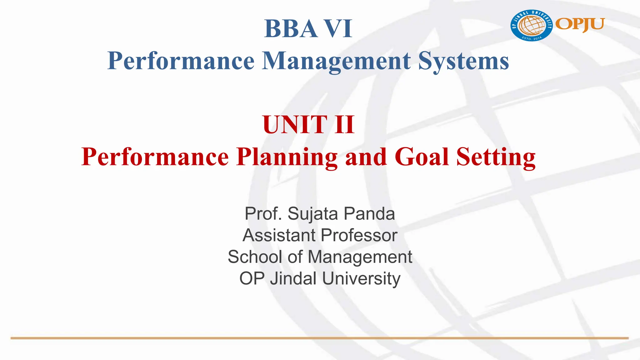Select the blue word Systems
pyautogui.click(x=464, y=61)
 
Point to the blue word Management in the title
pyautogui.click(x=336, y=61)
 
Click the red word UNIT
pyautogui.click(x=294, y=125)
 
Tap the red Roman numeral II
pyautogui.click(x=344, y=125)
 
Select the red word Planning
pyautogui.click(x=287, y=157)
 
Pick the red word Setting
pyautogui.click(x=496, y=157)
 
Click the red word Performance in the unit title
pyautogui.click(x=155, y=157)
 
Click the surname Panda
pyautogui.click(x=369, y=214)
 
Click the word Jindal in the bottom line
pyautogui.click(x=293, y=278)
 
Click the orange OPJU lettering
pyautogui.click(x=580, y=24)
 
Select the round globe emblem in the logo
pyautogui.click(x=532, y=25)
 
